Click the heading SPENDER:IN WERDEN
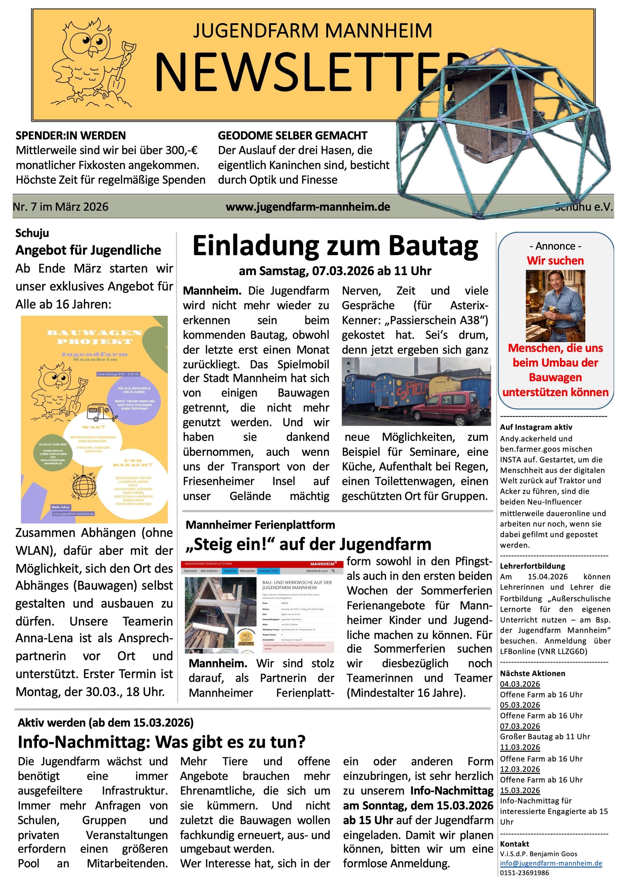click(x=71, y=135)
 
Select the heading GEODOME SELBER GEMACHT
click(x=292, y=135)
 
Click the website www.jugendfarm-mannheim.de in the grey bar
click(x=308, y=207)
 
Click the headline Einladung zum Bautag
click(x=335, y=246)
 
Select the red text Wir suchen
click(x=555, y=260)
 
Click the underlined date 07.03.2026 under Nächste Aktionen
click(x=520, y=726)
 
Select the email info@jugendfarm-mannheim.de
click(x=551, y=863)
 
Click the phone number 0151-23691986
click(x=524, y=873)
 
